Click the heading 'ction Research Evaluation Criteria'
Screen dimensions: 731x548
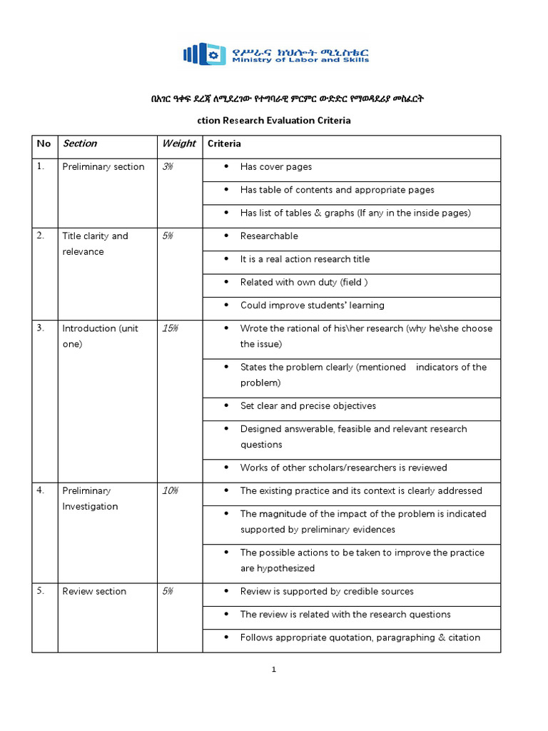tap(273, 121)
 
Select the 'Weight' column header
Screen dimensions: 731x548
tap(178, 143)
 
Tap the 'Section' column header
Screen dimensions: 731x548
tap(80, 143)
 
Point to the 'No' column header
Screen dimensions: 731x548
tap(44, 143)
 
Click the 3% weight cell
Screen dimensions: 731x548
tap(168, 167)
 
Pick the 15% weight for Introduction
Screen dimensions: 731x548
tap(170, 328)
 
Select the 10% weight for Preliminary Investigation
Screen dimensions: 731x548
tap(170, 491)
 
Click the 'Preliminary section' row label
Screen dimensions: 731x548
tap(103, 167)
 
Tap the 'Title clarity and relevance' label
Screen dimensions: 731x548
tap(95, 244)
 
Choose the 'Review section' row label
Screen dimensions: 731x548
tap(94, 592)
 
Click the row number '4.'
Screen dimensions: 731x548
tap(41, 491)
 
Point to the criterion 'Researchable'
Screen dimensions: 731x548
tap(269, 236)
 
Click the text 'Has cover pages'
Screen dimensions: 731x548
tap(275, 167)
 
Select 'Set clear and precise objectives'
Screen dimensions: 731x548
tap(308, 406)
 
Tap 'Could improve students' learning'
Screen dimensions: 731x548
tap(312, 306)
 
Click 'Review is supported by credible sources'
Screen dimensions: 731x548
tap(327, 592)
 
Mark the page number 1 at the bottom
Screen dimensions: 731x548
tap(273, 670)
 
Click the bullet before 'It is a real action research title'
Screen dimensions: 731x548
tap(226, 260)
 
